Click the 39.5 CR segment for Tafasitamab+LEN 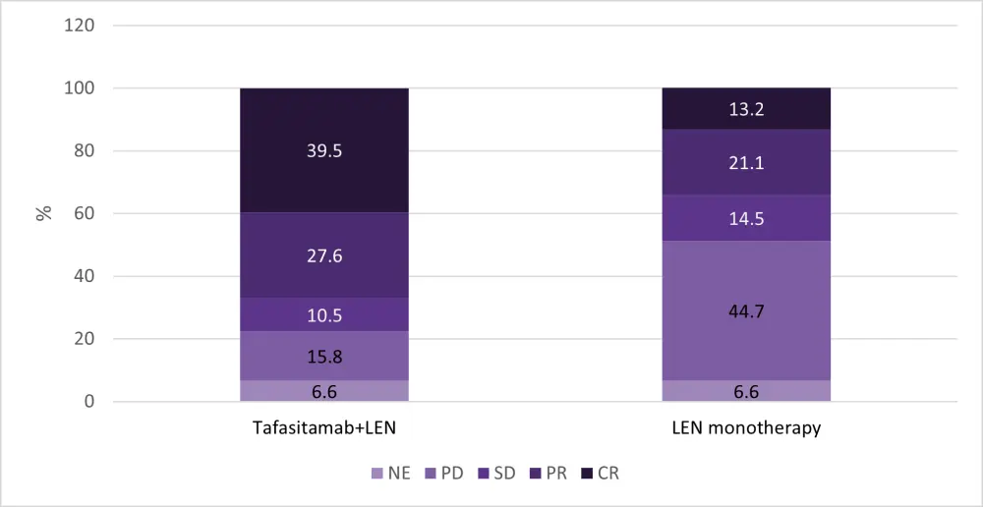pos(324,150)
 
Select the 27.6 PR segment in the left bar pos(324,255)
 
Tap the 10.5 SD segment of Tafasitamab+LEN pos(324,314)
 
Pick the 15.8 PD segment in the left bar pos(324,356)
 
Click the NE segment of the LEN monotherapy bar pos(747,391)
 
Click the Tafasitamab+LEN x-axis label pos(324,429)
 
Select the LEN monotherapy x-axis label pos(747,429)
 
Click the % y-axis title pos(44,213)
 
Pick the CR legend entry pos(599,474)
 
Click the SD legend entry pos(496,474)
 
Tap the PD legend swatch pos(430,474)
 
